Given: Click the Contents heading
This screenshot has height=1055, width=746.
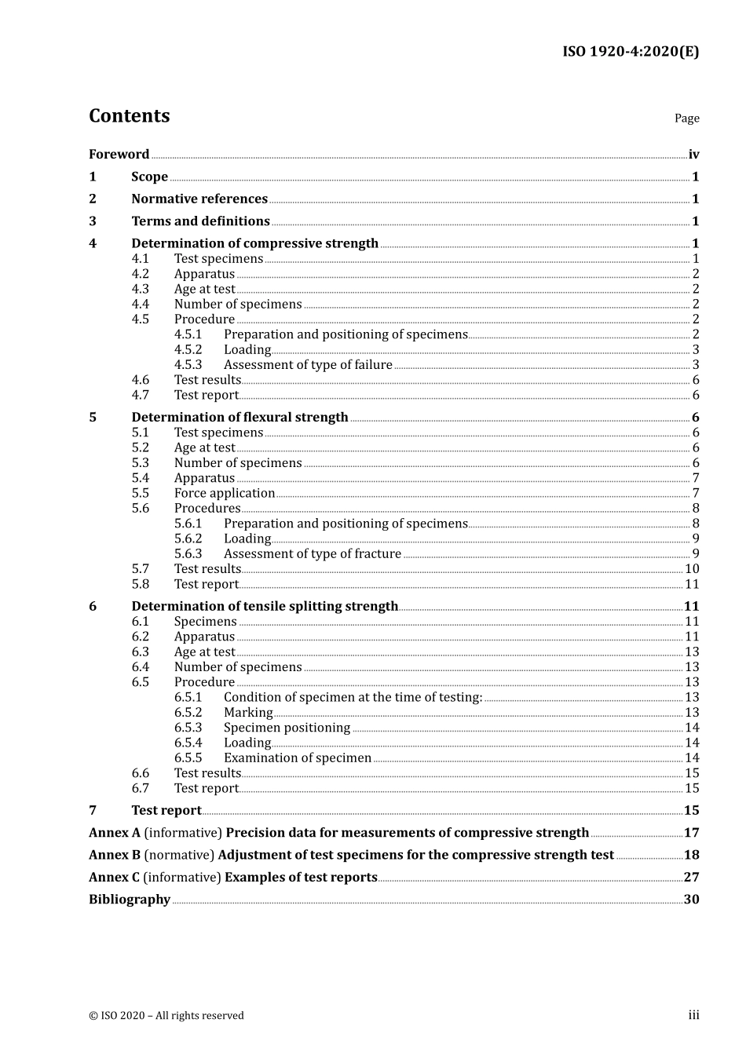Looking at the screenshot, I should coord(129,116).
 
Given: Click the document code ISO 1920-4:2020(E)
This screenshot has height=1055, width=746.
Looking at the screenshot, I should coord(630,52).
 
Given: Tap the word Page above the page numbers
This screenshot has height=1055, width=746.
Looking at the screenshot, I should coord(686,119).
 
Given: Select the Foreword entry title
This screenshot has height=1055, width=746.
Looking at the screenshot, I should coord(119,155).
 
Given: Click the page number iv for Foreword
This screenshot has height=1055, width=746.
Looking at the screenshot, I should coord(693,155).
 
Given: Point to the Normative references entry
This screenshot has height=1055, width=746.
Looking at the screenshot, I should coord(199,199).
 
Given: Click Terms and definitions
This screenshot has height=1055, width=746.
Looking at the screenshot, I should coord(200,221).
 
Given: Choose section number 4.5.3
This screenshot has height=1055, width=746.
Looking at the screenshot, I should coord(188,365).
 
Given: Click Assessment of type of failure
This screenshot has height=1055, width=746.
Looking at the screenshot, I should coord(308,365).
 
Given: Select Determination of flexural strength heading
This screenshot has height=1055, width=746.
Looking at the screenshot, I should coord(240,418).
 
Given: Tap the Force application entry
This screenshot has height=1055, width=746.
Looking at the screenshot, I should coord(225,494).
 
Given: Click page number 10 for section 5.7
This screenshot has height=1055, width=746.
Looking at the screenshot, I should coord(692,569).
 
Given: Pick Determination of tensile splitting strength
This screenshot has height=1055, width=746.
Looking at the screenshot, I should coord(265,607).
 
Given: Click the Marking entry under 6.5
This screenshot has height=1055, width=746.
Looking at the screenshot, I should coord(248,713).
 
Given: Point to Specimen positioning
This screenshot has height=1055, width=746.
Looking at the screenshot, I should coord(287,728).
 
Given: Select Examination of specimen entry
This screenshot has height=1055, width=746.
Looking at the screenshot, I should coord(297,758).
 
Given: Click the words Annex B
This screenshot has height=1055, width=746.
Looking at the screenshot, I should coord(115,856).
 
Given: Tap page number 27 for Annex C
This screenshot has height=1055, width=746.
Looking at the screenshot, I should coord(691,878).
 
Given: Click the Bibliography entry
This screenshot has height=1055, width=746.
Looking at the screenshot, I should coord(130,900).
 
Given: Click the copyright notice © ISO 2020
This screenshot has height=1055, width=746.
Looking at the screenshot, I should coord(166,1016).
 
